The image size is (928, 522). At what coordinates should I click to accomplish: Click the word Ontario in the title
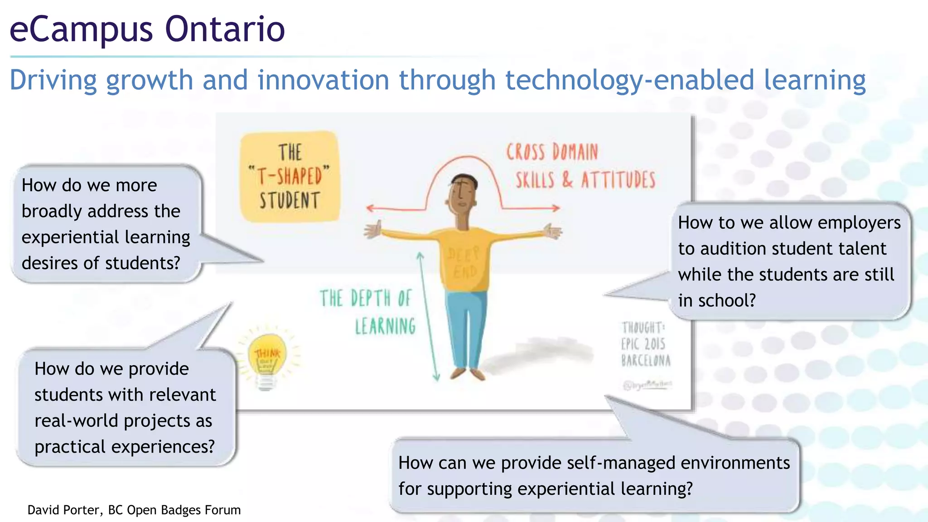pyautogui.click(x=225, y=29)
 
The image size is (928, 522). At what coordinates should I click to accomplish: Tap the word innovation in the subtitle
pyautogui.click(x=324, y=80)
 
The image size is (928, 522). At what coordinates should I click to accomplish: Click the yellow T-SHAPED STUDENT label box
pyautogui.click(x=290, y=177)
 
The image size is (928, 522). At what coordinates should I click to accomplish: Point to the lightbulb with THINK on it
pyautogui.click(x=268, y=358)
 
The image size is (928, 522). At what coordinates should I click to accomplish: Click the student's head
pyautogui.click(x=463, y=195)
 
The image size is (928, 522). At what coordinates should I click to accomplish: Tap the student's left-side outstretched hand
pyautogui.click(x=372, y=230)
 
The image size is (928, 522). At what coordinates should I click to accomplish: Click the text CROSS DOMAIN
pyautogui.click(x=552, y=152)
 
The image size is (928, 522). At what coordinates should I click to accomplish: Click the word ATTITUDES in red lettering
pyautogui.click(x=618, y=180)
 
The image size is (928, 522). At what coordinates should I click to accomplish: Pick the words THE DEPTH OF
pyautogui.click(x=365, y=299)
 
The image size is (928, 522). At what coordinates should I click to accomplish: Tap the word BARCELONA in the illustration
pyautogui.click(x=646, y=361)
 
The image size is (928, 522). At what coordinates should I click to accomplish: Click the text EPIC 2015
pyautogui.click(x=643, y=344)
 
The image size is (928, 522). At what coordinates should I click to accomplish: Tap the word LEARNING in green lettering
pyautogui.click(x=385, y=327)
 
